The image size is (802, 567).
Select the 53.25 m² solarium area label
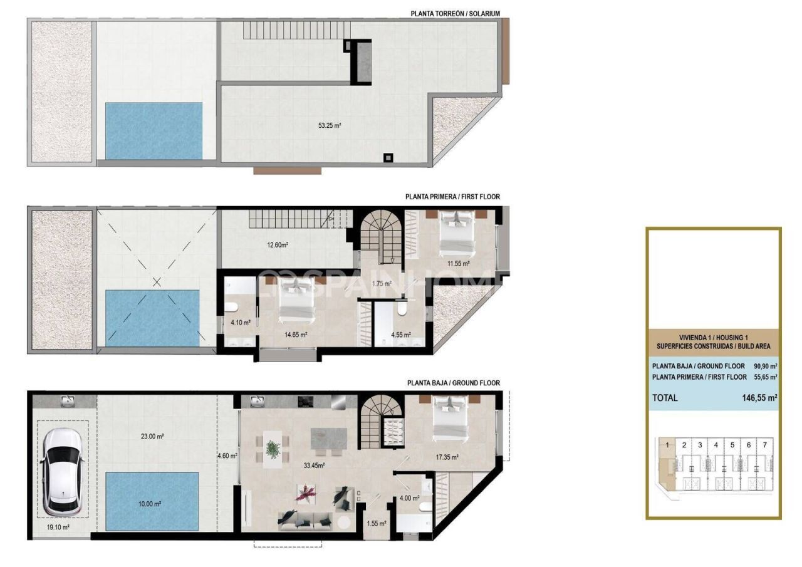click(329, 125)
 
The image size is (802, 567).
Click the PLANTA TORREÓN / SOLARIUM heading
click(455, 13)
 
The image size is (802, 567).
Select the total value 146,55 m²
click(759, 397)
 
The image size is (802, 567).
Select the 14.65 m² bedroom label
click(296, 335)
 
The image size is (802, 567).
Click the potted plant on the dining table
click(273, 449)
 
